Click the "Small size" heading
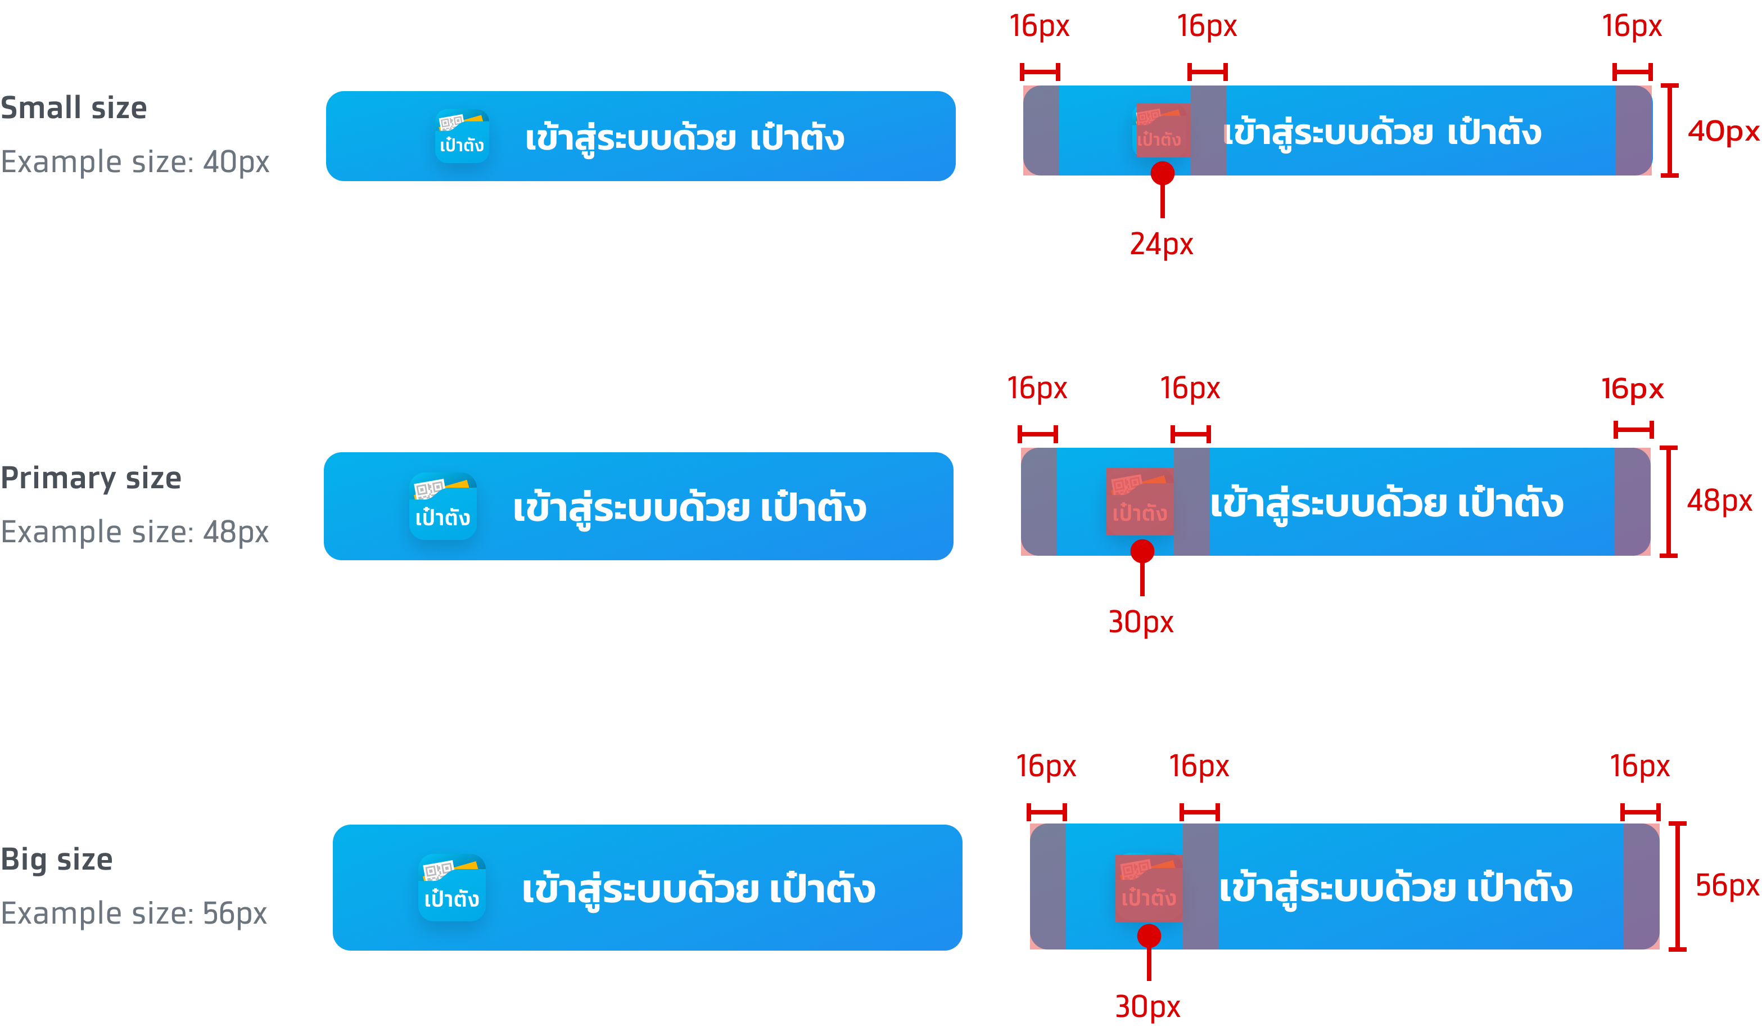click(74, 109)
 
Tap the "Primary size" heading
click(91, 478)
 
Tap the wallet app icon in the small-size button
click(462, 136)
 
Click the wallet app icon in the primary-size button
click(443, 506)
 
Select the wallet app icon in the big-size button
click(451, 888)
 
